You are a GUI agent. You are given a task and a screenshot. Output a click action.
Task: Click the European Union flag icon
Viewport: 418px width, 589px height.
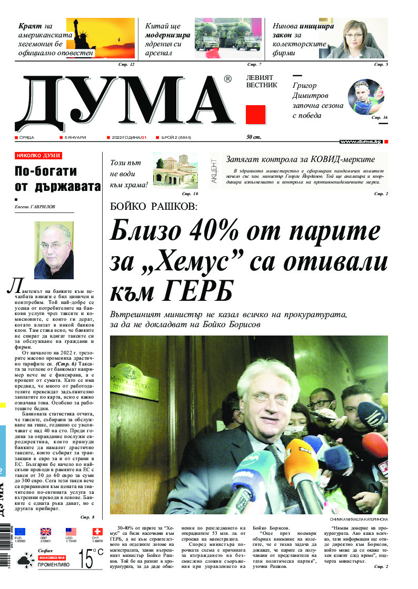tap(20, 532)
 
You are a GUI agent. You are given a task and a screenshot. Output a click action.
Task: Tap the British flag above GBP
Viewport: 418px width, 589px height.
tap(46, 532)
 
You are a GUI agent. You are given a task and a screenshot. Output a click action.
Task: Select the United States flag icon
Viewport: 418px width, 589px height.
tap(71, 532)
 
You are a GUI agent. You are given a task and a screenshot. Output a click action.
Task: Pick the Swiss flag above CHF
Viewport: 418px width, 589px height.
tap(96, 532)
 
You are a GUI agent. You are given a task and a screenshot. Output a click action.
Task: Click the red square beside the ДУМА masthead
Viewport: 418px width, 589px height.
tap(255, 115)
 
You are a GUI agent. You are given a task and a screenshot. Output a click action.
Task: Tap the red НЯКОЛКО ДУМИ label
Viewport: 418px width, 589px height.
tap(38, 156)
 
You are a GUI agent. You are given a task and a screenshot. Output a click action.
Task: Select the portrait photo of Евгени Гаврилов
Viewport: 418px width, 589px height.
tap(54, 250)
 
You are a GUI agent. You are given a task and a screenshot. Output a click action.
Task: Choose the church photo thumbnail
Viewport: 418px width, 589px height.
tap(172, 170)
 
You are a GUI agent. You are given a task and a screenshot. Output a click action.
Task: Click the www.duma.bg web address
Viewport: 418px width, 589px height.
tap(360, 142)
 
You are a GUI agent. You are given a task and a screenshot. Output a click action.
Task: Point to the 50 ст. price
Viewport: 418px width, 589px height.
tap(254, 138)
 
